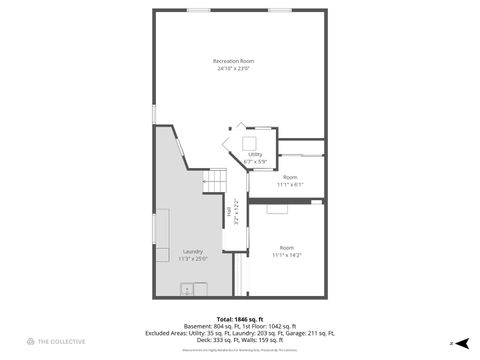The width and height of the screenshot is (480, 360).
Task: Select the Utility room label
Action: pos(254,154)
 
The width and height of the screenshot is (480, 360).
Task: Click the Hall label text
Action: pos(230,211)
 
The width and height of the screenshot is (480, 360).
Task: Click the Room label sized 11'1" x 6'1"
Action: pos(289,177)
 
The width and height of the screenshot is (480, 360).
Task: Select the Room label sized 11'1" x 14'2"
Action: pos(287,247)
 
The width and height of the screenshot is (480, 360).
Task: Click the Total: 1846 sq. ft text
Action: pos(239,318)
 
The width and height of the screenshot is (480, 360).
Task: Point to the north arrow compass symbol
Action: pos(461,342)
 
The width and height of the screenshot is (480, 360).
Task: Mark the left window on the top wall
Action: pos(199,11)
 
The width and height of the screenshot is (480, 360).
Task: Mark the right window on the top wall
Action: pos(280,11)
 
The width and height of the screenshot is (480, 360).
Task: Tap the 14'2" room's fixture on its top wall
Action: pos(277,209)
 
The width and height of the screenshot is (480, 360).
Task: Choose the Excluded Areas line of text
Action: pos(239,332)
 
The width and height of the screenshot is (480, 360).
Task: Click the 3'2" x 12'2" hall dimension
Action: pos(236,211)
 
